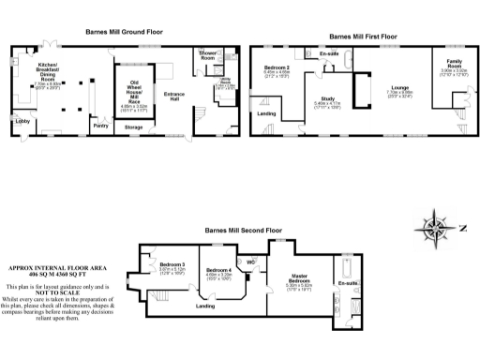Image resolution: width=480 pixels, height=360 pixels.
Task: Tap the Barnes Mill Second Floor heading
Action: point(244,230)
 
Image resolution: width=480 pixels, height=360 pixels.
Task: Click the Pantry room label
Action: point(101,124)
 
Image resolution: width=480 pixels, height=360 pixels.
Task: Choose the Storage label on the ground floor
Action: point(133,126)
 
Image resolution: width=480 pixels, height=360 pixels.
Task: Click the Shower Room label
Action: point(207,58)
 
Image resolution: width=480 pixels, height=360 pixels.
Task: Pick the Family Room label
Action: point(455,63)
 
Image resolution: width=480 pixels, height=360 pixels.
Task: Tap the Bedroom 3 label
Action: point(172,264)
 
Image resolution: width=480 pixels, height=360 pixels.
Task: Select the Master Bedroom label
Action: point(300,279)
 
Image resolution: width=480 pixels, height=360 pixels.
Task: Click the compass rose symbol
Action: point(434,228)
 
